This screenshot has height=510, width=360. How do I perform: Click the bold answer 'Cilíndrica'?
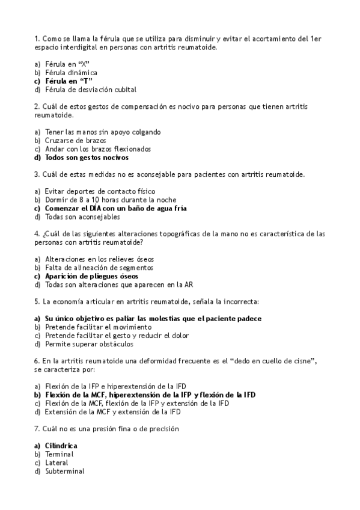(61, 446)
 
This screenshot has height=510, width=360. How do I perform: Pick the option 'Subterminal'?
(64, 472)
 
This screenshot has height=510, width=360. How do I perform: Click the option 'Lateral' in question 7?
(57, 463)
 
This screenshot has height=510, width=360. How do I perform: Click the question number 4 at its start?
(37, 233)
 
